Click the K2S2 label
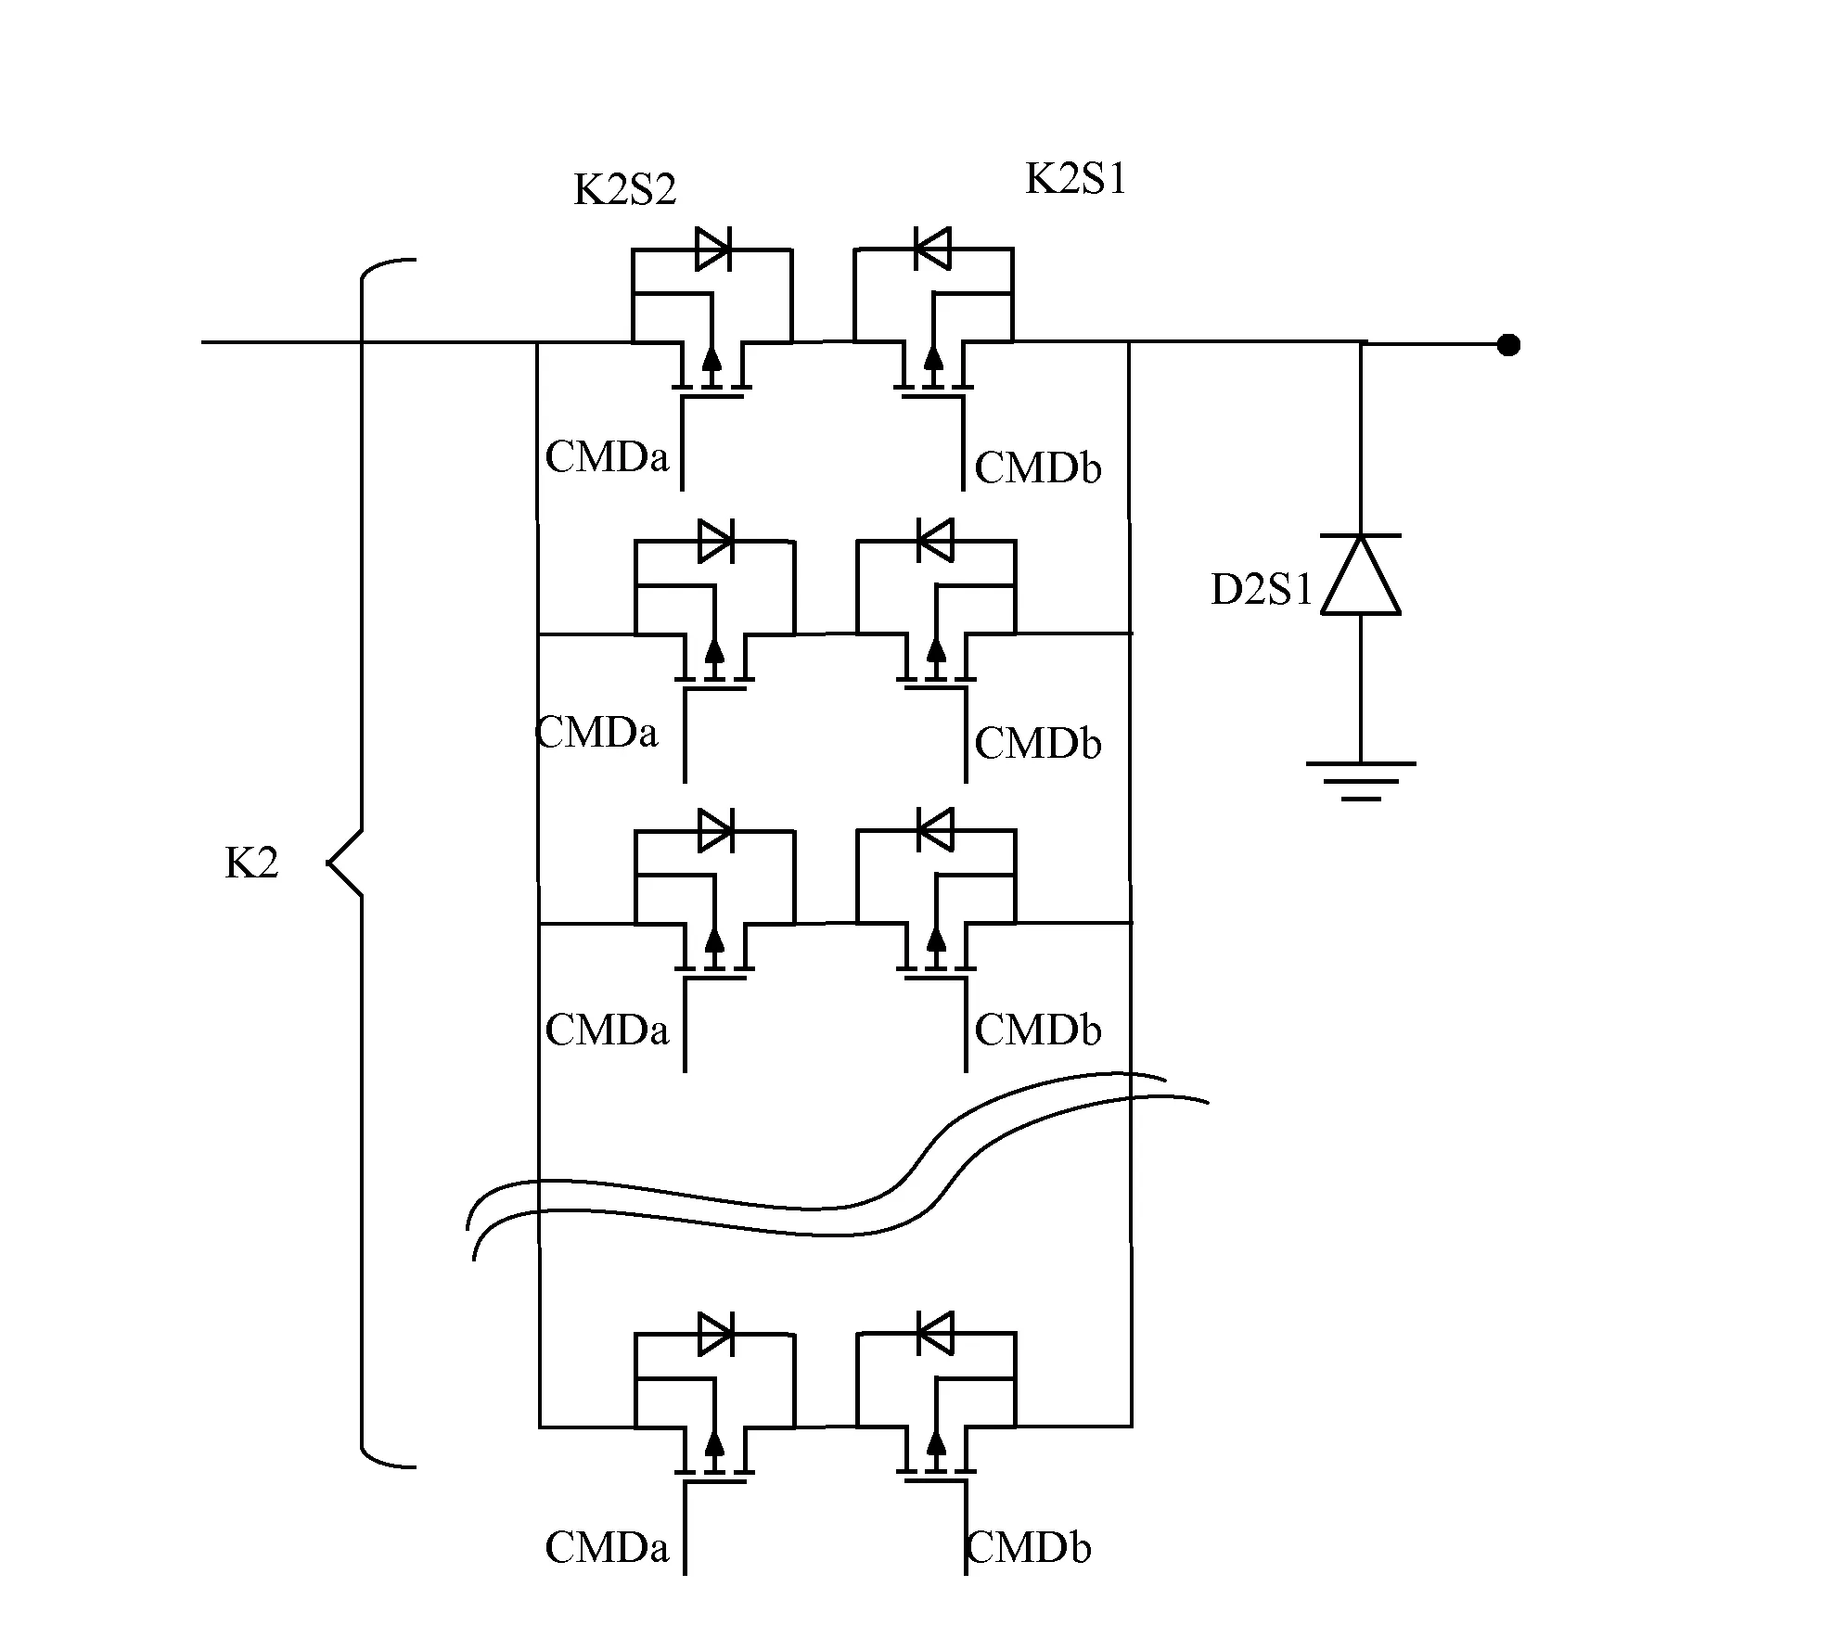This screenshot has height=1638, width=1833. pos(625,190)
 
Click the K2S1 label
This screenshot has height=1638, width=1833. pos(1075,178)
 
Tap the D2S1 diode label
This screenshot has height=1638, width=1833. pos(1262,590)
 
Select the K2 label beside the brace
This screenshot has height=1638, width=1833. pos(251,864)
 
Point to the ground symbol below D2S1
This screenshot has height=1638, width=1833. pos(1360,780)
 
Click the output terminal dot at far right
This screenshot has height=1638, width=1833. pos(1509,345)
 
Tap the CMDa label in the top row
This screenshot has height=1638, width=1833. pos(607,457)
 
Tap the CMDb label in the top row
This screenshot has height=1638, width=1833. pos(1037,468)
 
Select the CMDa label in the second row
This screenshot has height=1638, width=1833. pos(597,733)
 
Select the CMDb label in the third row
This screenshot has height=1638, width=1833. pos(1037,1030)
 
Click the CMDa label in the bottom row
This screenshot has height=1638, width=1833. pos(607,1548)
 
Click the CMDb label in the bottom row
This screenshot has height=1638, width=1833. pos(1028,1548)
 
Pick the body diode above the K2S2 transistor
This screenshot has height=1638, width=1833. pos(712,249)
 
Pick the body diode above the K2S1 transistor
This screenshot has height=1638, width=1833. pos(932,249)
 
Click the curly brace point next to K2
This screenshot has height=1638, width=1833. pos(330,864)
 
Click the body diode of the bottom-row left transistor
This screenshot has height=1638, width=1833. pos(715,1334)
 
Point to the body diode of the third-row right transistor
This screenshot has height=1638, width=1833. pos(935,830)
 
